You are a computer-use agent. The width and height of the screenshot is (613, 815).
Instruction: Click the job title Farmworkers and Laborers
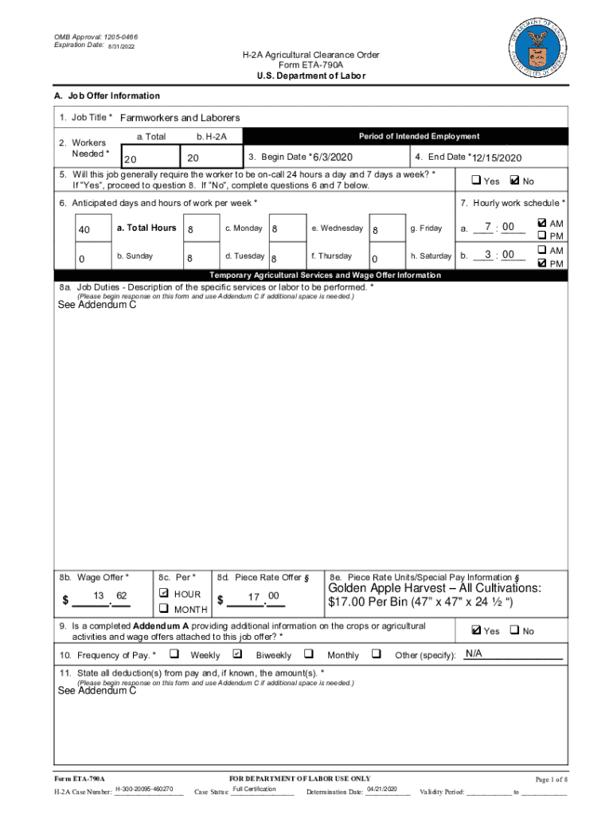179,118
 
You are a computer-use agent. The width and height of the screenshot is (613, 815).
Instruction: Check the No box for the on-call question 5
513,181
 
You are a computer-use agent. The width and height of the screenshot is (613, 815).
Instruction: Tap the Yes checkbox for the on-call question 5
475,181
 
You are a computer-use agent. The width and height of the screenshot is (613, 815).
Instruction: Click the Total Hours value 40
84,230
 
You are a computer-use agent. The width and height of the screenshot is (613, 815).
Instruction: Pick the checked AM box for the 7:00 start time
542,224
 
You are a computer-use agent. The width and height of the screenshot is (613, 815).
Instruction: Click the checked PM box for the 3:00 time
542,263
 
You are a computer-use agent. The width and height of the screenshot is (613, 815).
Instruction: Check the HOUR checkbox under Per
163,594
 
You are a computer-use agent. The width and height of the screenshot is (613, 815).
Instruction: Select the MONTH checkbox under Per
163,609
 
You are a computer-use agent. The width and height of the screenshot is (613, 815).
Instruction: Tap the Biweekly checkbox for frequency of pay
236,654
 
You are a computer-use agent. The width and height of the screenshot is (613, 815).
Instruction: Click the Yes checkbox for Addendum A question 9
475,630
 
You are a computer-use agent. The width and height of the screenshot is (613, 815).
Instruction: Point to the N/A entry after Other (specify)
474,654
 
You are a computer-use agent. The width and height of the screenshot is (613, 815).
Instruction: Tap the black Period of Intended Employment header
419,136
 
